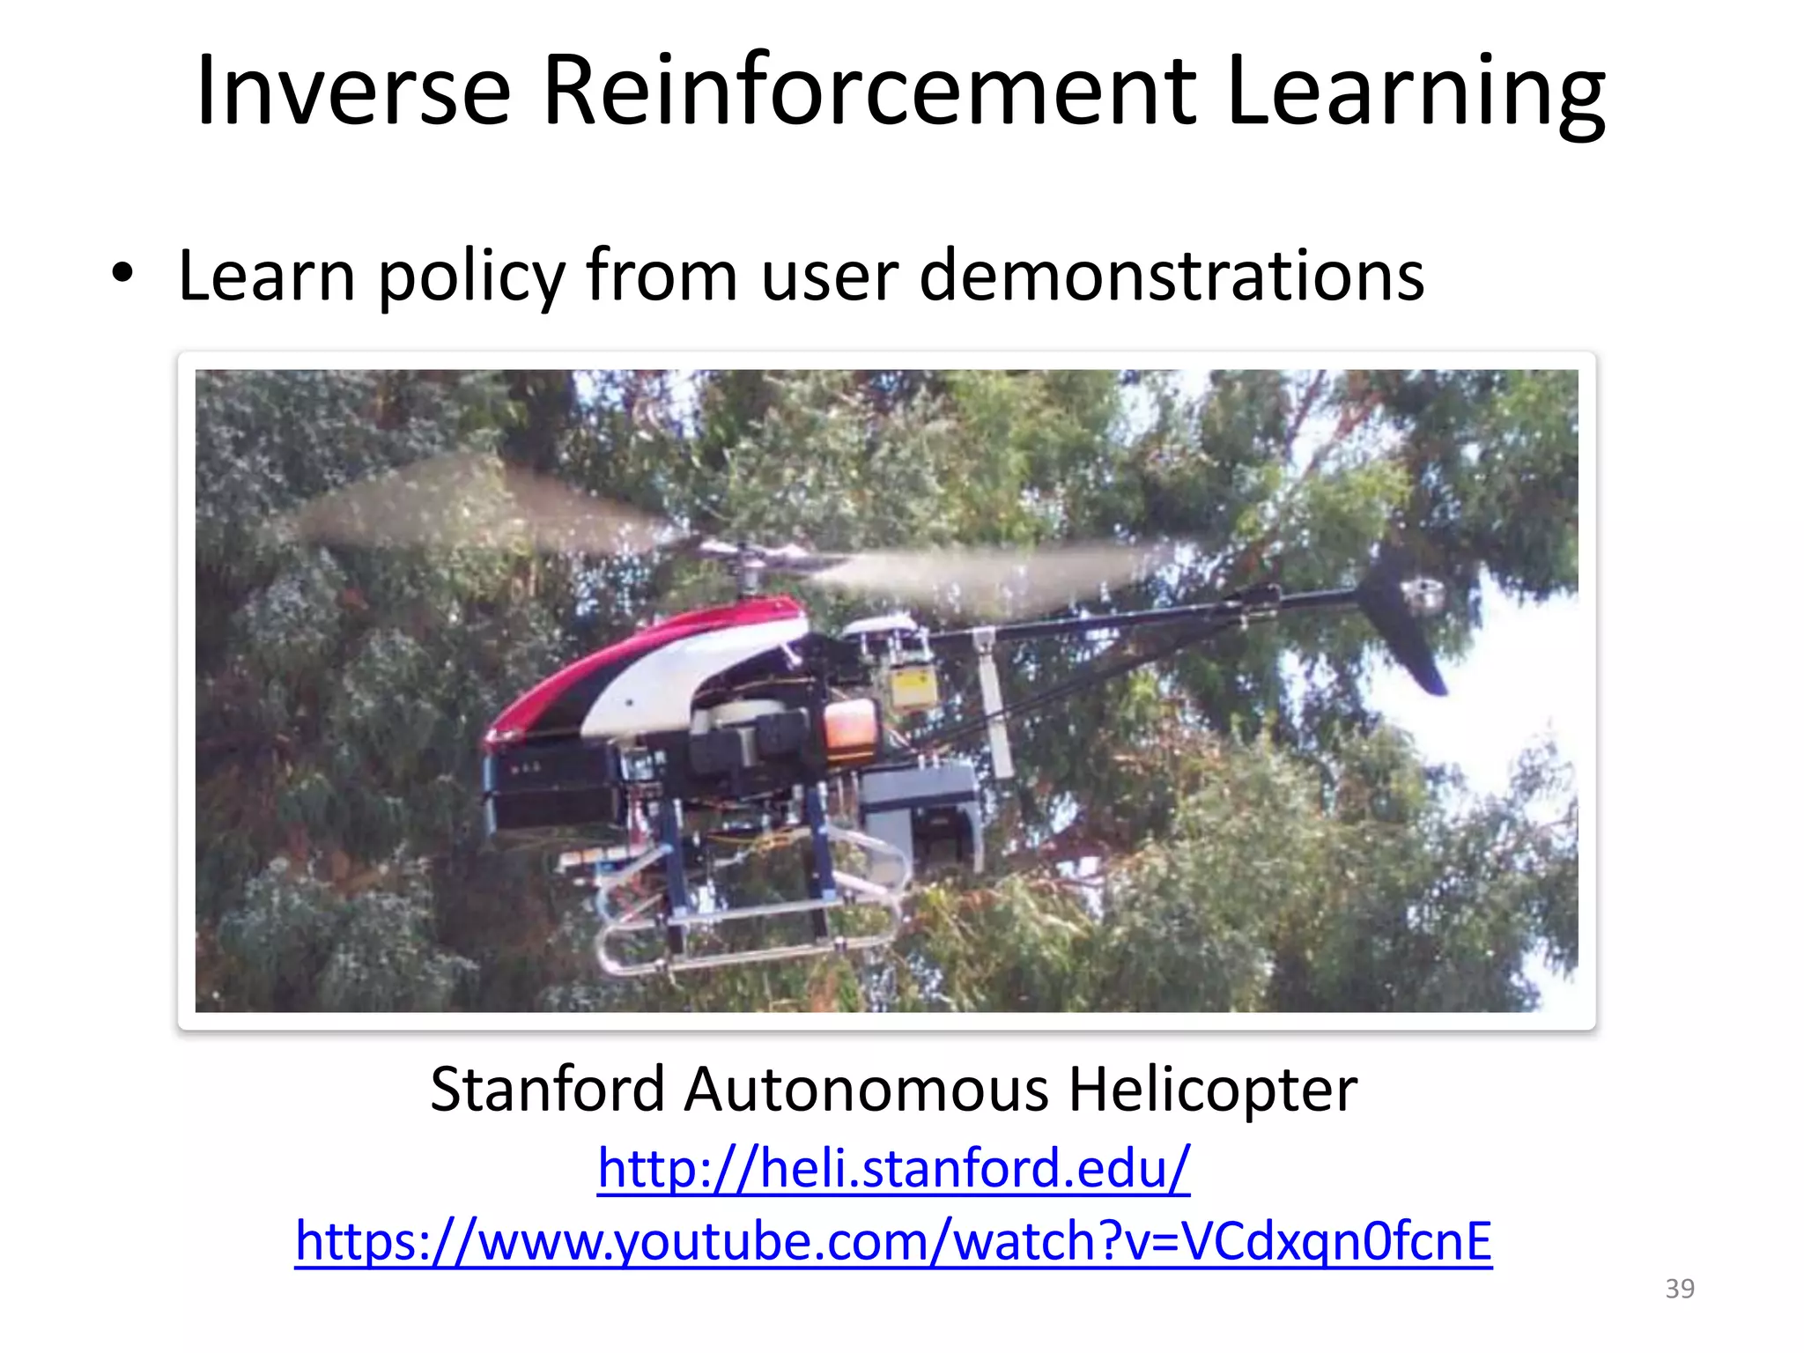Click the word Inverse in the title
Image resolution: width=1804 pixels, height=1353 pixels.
coord(352,92)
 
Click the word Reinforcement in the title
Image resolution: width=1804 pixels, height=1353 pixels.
coord(869,92)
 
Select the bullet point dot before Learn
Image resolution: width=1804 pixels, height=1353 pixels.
coord(122,273)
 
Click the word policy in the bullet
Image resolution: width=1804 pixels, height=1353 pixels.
coord(471,277)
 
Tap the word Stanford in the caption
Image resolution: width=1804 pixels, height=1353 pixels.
coord(547,1090)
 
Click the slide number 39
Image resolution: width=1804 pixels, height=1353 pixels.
coord(1680,1289)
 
